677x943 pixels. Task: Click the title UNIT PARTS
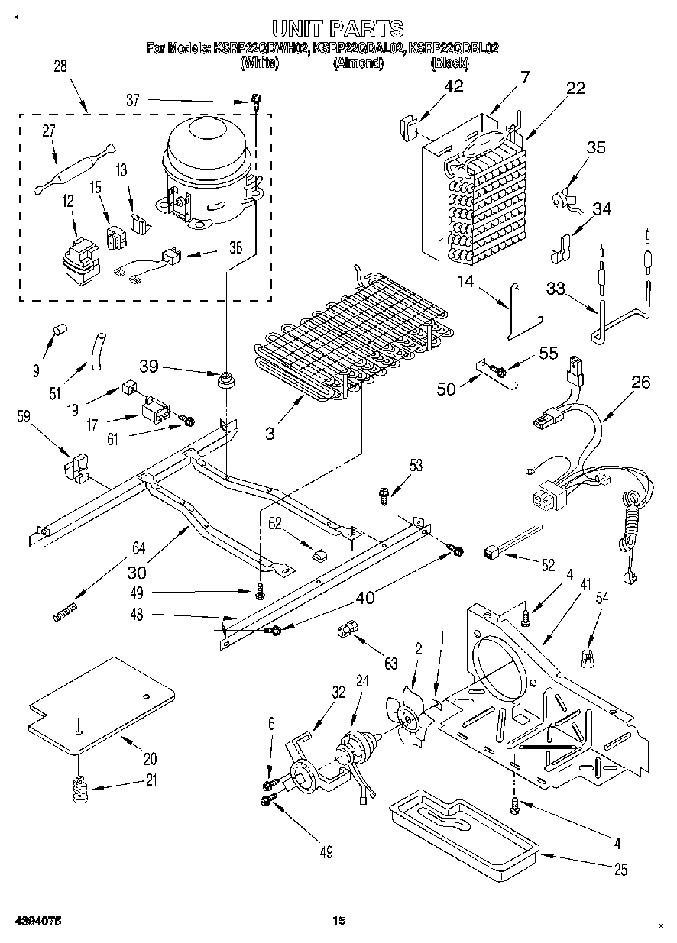338,29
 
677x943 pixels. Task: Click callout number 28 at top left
60,66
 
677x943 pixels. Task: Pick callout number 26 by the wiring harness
642,383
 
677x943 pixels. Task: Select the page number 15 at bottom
338,921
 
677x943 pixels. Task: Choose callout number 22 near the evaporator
575,89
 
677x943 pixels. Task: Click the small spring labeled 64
67,612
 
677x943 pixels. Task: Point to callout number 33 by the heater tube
557,289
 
